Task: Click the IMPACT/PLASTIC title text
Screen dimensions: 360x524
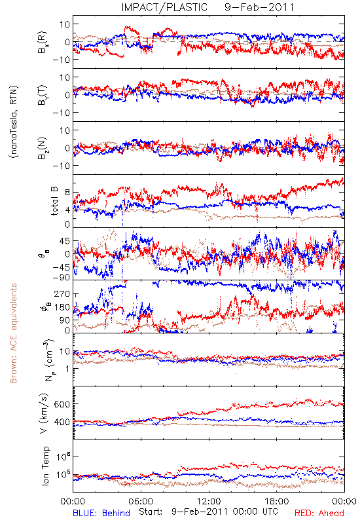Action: point(164,7)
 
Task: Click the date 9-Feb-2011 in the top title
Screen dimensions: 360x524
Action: point(259,7)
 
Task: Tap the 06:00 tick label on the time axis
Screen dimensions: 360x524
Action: point(141,501)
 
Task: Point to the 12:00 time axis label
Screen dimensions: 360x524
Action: point(209,501)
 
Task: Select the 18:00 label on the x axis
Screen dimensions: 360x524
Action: point(277,501)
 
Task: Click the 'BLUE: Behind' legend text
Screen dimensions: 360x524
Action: point(101,513)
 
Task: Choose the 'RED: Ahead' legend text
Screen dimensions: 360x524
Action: point(319,513)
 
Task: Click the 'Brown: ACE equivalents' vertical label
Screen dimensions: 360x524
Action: point(13,333)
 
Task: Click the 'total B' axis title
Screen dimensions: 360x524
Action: point(54,201)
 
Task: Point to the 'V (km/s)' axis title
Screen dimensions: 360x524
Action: point(44,413)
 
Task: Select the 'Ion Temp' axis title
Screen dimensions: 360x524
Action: point(45,466)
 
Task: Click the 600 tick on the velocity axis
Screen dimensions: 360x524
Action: point(62,404)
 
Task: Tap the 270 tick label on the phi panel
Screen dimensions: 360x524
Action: point(62,294)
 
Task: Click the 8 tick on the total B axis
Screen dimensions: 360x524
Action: point(68,193)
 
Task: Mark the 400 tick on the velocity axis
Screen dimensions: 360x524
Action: point(62,422)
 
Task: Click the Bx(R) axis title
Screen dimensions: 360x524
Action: point(43,42)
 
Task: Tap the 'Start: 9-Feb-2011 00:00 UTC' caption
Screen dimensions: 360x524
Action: point(208,512)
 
